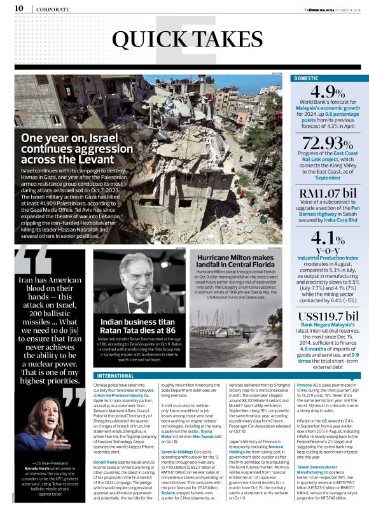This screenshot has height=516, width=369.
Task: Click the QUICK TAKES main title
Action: [x=184, y=39]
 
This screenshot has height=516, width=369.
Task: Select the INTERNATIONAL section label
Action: [x=116, y=375]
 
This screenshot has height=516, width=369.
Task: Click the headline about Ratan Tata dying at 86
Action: [x=138, y=326]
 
